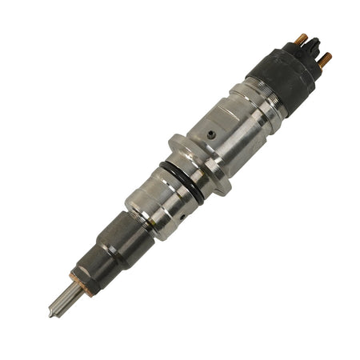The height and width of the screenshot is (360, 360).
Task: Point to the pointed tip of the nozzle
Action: (x=50, y=314)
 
